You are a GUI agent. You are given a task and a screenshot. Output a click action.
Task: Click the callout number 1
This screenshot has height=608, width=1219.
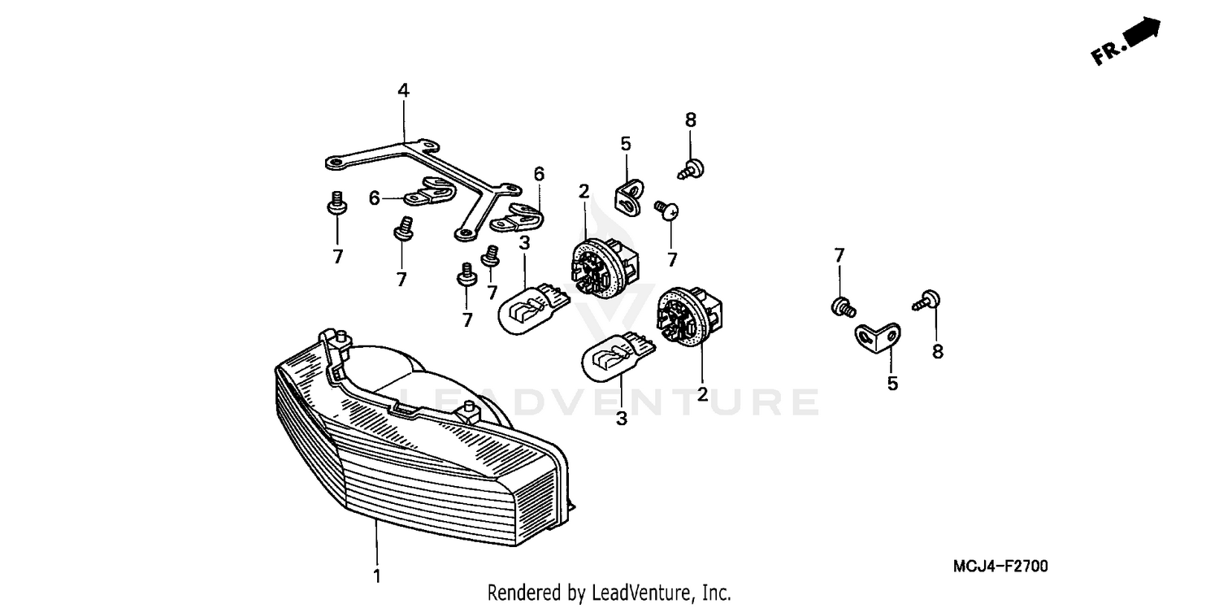pos(376,576)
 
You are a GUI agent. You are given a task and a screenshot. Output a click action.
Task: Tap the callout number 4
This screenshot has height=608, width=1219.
pos(404,90)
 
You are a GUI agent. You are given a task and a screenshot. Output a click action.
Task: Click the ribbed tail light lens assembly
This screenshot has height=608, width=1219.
pos(414,455)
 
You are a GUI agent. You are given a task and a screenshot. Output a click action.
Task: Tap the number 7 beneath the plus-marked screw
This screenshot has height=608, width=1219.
pos(672,260)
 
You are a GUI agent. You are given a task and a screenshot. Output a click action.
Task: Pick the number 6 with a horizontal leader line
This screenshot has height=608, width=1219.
pos(375,198)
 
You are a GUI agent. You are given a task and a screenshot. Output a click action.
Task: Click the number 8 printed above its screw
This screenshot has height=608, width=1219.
pos(691,119)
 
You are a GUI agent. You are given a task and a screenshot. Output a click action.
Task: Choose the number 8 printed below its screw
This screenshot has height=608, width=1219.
pos(938,352)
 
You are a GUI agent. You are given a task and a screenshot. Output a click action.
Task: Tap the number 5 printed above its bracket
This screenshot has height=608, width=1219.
pos(626,144)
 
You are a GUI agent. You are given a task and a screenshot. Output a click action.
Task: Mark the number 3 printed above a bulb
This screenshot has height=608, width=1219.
pos(525,242)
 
